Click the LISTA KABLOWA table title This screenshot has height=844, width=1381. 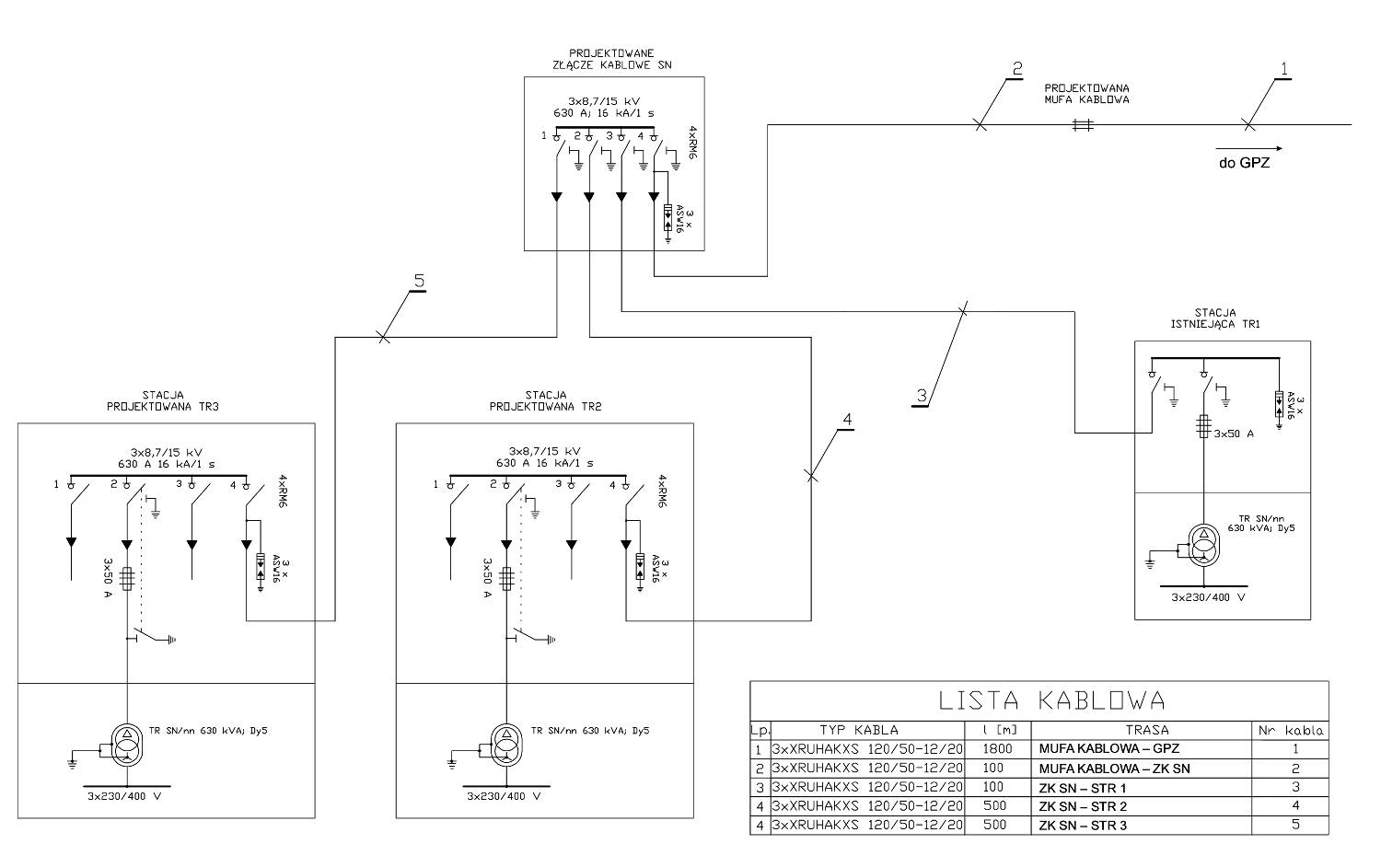click(1051, 700)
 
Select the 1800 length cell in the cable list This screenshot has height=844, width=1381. click(997, 748)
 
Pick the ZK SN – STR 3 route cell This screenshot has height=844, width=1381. click(1083, 825)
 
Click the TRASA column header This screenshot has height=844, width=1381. click(1147, 730)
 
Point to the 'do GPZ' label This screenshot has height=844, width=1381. click(1244, 164)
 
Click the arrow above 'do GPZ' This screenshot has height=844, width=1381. click(1249, 148)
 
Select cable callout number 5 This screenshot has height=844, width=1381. click(419, 281)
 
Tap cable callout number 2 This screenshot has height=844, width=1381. click(1017, 68)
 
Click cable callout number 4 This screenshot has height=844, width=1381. click(848, 420)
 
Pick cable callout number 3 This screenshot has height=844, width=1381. click(922, 396)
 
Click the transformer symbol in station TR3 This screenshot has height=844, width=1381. click(127, 745)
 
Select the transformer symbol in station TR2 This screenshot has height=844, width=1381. click(506, 745)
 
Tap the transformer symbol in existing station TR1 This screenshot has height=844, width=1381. click(1203, 545)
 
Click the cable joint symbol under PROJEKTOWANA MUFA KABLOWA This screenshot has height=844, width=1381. click(1083, 125)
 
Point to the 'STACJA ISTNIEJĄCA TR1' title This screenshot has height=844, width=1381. click(1215, 318)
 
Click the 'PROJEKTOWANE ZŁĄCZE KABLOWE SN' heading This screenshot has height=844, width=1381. click(612, 59)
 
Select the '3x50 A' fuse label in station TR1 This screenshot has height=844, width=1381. click(1234, 434)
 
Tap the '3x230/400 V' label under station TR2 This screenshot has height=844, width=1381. click(504, 796)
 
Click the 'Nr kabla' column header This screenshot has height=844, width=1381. click(1291, 731)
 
